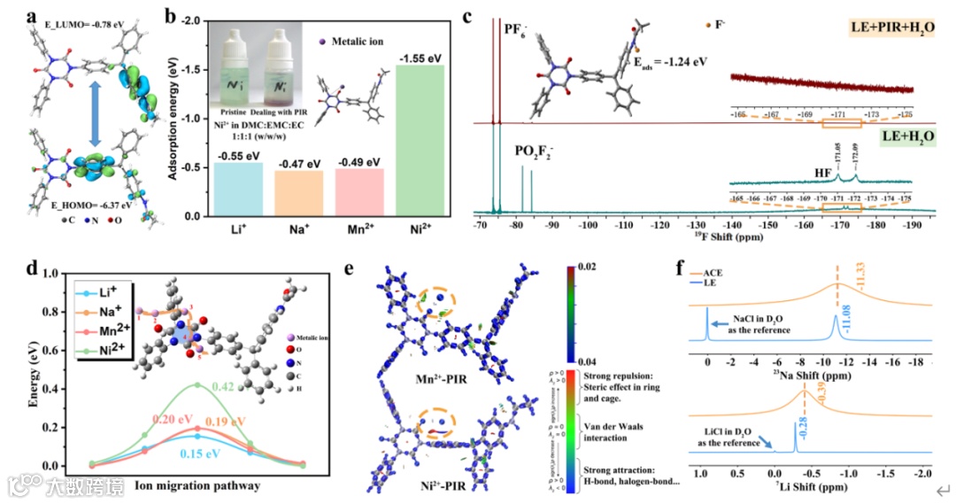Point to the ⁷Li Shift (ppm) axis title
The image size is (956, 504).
(x=810, y=487)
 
